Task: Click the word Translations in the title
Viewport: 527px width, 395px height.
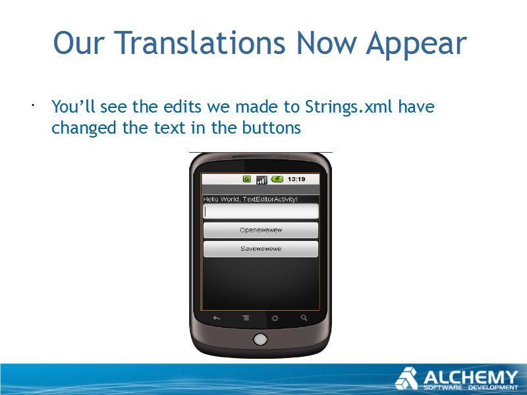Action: [x=200, y=43]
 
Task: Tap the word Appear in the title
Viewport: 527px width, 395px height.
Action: [x=416, y=45]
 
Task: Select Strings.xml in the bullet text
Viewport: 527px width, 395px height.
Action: [x=349, y=107]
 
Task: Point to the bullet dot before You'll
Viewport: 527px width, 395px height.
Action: [x=33, y=105]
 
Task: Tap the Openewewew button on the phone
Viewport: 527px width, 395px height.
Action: [x=261, y=230]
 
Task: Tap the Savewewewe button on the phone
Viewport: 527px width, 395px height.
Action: [x=261, y=249]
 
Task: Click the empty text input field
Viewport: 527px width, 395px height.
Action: [x=261, y=211]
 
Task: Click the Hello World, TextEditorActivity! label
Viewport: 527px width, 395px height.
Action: [x=250, y=199]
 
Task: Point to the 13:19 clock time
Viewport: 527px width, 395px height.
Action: [x=296, y=179]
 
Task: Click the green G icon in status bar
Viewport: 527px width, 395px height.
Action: [x=247, y=179]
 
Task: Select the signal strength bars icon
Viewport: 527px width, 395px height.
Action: [x=262, y=180]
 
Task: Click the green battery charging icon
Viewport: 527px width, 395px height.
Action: [x=277, y=179]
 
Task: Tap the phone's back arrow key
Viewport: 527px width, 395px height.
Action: [x=217, y=318]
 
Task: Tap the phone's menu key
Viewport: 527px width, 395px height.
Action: [x=246, y=318]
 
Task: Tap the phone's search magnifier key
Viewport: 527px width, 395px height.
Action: [x=304, y=317]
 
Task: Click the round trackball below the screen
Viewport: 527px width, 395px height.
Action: [x=260, y=339]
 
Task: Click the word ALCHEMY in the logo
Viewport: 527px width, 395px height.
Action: [x=470, y=377]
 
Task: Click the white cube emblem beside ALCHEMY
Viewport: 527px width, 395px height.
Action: [x=406, y=379]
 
